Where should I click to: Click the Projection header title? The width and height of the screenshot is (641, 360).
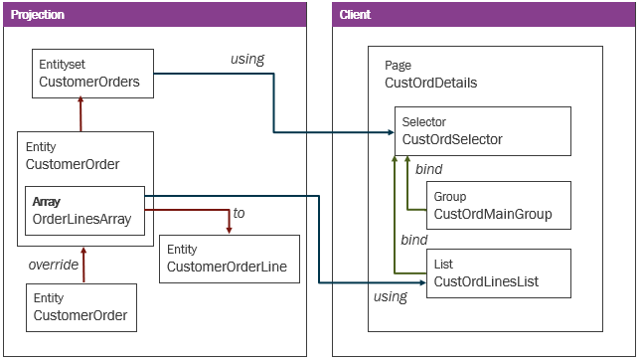tap(39, 14)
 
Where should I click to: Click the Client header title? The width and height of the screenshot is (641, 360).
tap(357, 14)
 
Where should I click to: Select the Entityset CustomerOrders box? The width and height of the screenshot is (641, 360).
tap(93, 74)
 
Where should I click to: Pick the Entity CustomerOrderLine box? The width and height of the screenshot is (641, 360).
tap(229, 259)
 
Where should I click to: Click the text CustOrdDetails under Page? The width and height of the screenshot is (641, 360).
tap(430, 83)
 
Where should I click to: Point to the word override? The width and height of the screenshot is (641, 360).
tap(52, 266)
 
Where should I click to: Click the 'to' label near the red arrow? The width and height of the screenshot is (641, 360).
tap(239, 213)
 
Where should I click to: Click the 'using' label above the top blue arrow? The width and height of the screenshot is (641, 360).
tap(246, 59)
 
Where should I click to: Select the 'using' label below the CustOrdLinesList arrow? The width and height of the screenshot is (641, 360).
tap(391, 297)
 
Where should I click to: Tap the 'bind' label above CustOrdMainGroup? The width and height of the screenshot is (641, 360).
tap(428, 169)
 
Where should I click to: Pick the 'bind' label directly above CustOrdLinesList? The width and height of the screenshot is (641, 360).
tap(413, 240)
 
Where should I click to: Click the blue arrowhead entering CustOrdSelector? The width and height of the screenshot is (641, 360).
tap(389, 132)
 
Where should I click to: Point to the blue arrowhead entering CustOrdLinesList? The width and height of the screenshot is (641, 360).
tap(421, 283)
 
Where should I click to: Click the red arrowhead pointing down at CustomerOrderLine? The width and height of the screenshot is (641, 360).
tap(229, 230)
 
